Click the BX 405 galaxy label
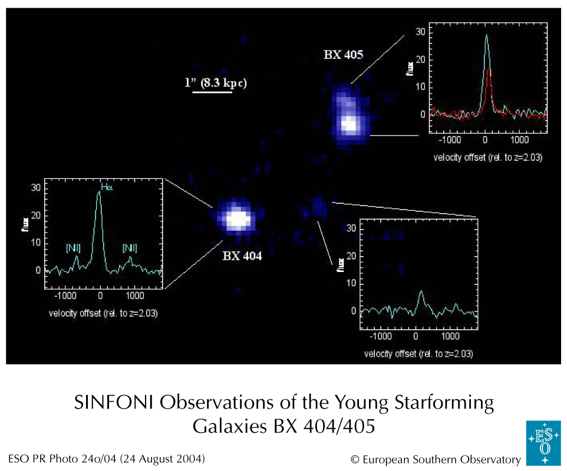pyautogui.click(x=343, y=55)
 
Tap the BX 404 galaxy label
pyautogui.click(x=242, y=256)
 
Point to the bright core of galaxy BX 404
pyautogui.click(x=237, y=219)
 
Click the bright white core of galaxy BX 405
pyautogui.click(x=350, y=125)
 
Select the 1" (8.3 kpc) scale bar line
pyautogui.click(x=213, y=92)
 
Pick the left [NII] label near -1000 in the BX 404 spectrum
pyautogui.click(x=74, y=248)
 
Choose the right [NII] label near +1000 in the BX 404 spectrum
pyautogui.click(x=130, y=248)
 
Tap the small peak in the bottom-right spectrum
pyautogui.click(x=421, y=291)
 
